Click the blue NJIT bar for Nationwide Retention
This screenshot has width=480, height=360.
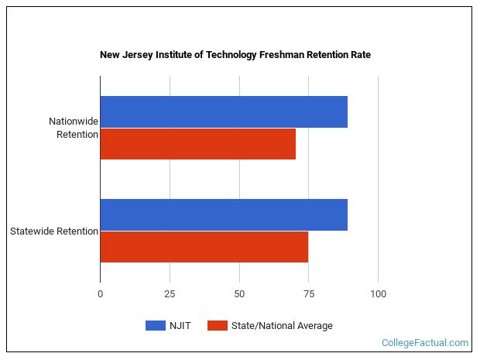click(224, 111)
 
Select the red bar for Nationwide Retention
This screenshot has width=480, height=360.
click(198, 144)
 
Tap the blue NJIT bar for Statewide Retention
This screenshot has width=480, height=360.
click(224, 214)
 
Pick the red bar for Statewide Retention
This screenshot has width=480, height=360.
click(204, 247)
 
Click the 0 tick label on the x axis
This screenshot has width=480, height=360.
click(100, 294)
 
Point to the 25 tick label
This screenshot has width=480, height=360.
click(170, 294)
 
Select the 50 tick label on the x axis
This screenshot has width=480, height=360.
click(239, 294)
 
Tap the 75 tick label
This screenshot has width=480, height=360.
click(308, 294)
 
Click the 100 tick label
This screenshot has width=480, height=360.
click(378, 294)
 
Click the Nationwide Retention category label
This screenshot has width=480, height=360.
click(74, 128)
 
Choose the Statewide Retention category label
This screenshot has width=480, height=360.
click(54, 231)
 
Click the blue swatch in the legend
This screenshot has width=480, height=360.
click(156, 326)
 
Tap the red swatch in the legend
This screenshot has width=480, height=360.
click(218, 326)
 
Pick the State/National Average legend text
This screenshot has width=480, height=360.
click(282, 326)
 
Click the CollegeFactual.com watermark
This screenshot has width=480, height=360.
click(425, 342)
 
